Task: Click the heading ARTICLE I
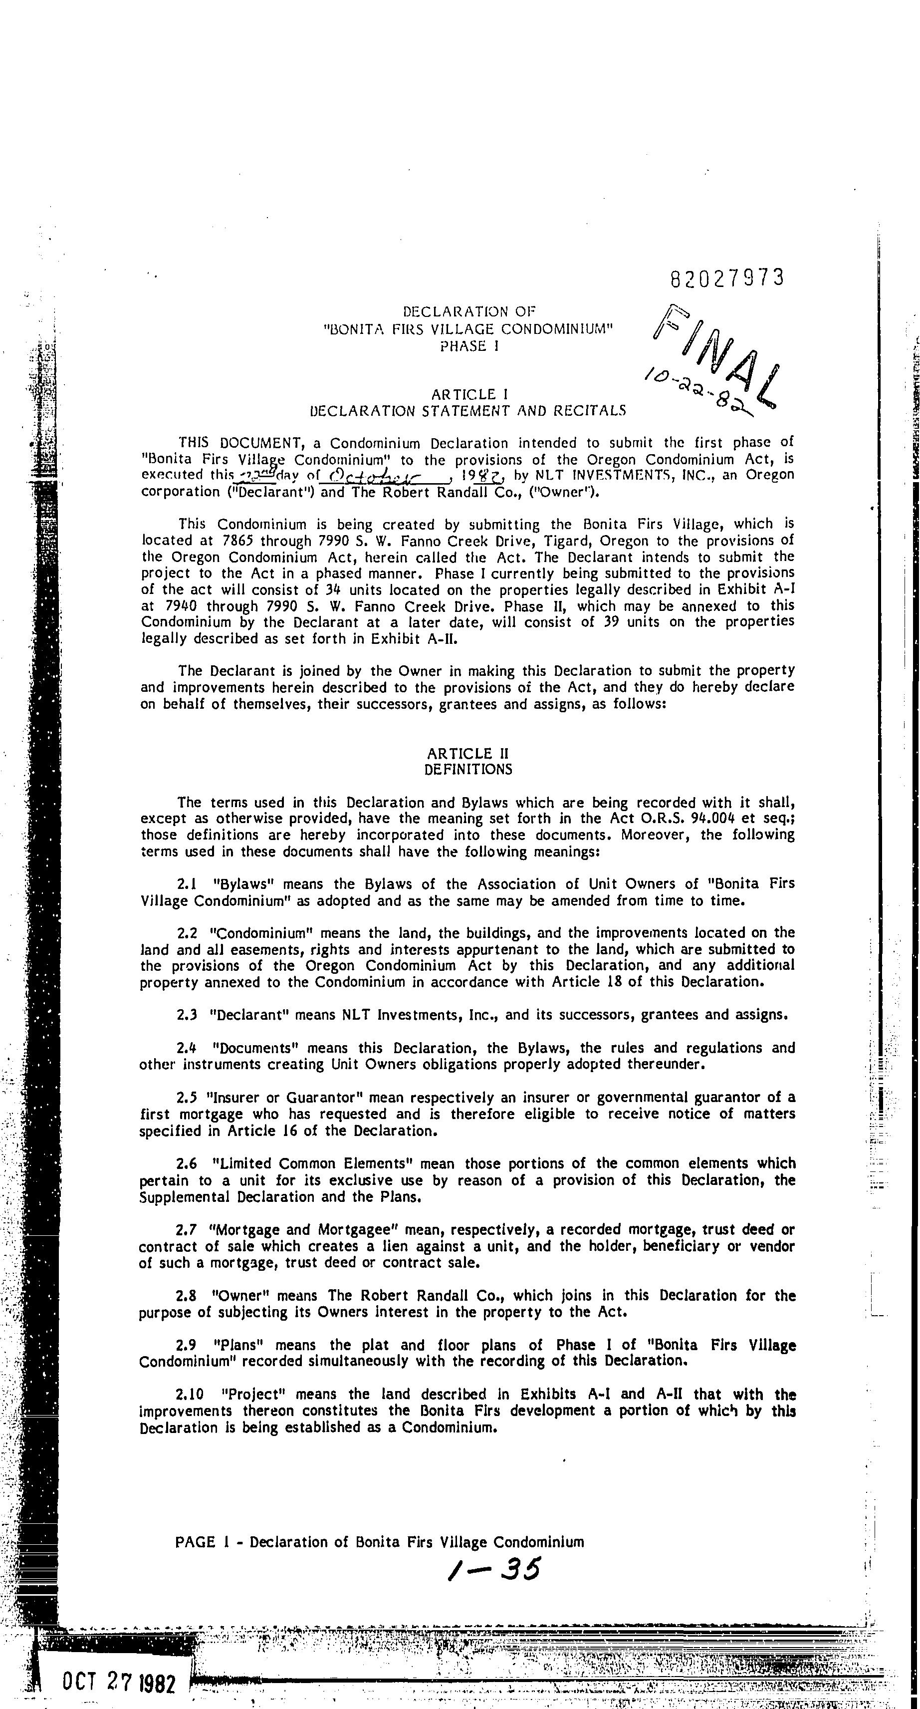click(468, 395)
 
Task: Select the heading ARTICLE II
click(468, 754)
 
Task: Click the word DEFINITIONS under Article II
click(468, 770)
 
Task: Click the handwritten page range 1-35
click(494, 1569)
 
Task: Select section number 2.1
click(188, 884)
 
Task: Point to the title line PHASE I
click(468, 346)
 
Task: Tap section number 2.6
click(188, 1163)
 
